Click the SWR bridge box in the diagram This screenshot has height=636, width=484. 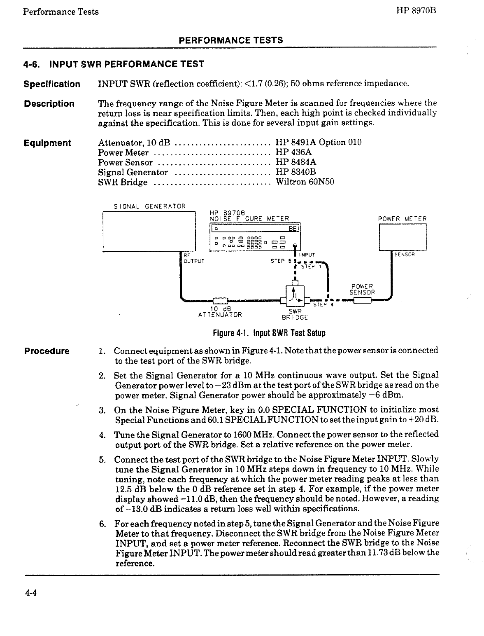click(x=295, y=294)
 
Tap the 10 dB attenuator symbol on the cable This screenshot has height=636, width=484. click(x=220, y=300)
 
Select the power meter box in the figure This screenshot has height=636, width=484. click(x=403, y=236)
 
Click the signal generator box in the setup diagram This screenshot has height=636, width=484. click(x=149, y=231)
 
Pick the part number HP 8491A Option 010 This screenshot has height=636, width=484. click(x=319, y=143)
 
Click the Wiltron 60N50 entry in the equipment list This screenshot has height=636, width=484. click(x=305, y=182)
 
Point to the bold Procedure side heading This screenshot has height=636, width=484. click(x=47, y=351)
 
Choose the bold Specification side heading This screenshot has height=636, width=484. click(x=52, y=84)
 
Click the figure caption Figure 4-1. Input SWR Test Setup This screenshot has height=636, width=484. click(x=269, y=333)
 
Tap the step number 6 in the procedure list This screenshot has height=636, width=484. click(x=102, y=523)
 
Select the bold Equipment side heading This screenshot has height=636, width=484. click(x=47, y=143)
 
